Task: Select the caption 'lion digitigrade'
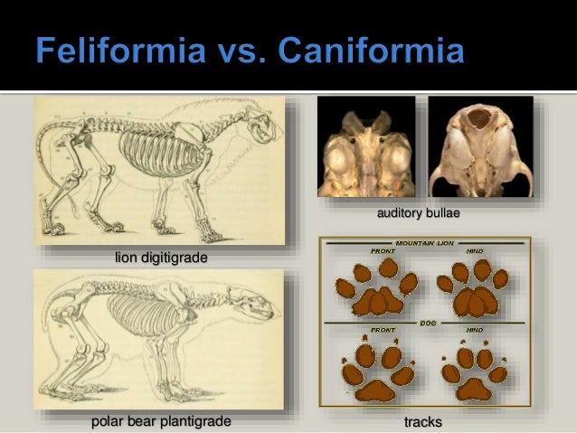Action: [161, 259]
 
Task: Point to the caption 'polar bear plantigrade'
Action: [161, 421]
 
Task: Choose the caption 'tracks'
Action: [422, 421]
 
